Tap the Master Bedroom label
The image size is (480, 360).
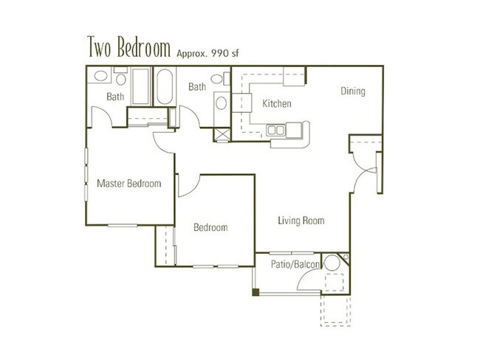(129, 183)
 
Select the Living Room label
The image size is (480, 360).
(301, 221)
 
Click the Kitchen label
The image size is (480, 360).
(277, 104)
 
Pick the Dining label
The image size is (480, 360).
(353, 91)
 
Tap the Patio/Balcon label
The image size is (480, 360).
(294, 263)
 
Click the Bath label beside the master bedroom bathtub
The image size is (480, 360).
(115, 97)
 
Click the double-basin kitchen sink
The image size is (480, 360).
(276, 131)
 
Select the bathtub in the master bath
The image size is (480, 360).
(140, 87)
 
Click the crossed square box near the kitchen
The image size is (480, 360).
(221, 135)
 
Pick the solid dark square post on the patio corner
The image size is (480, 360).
(256, 293)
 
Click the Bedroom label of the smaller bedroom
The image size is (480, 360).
(210, 228)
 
